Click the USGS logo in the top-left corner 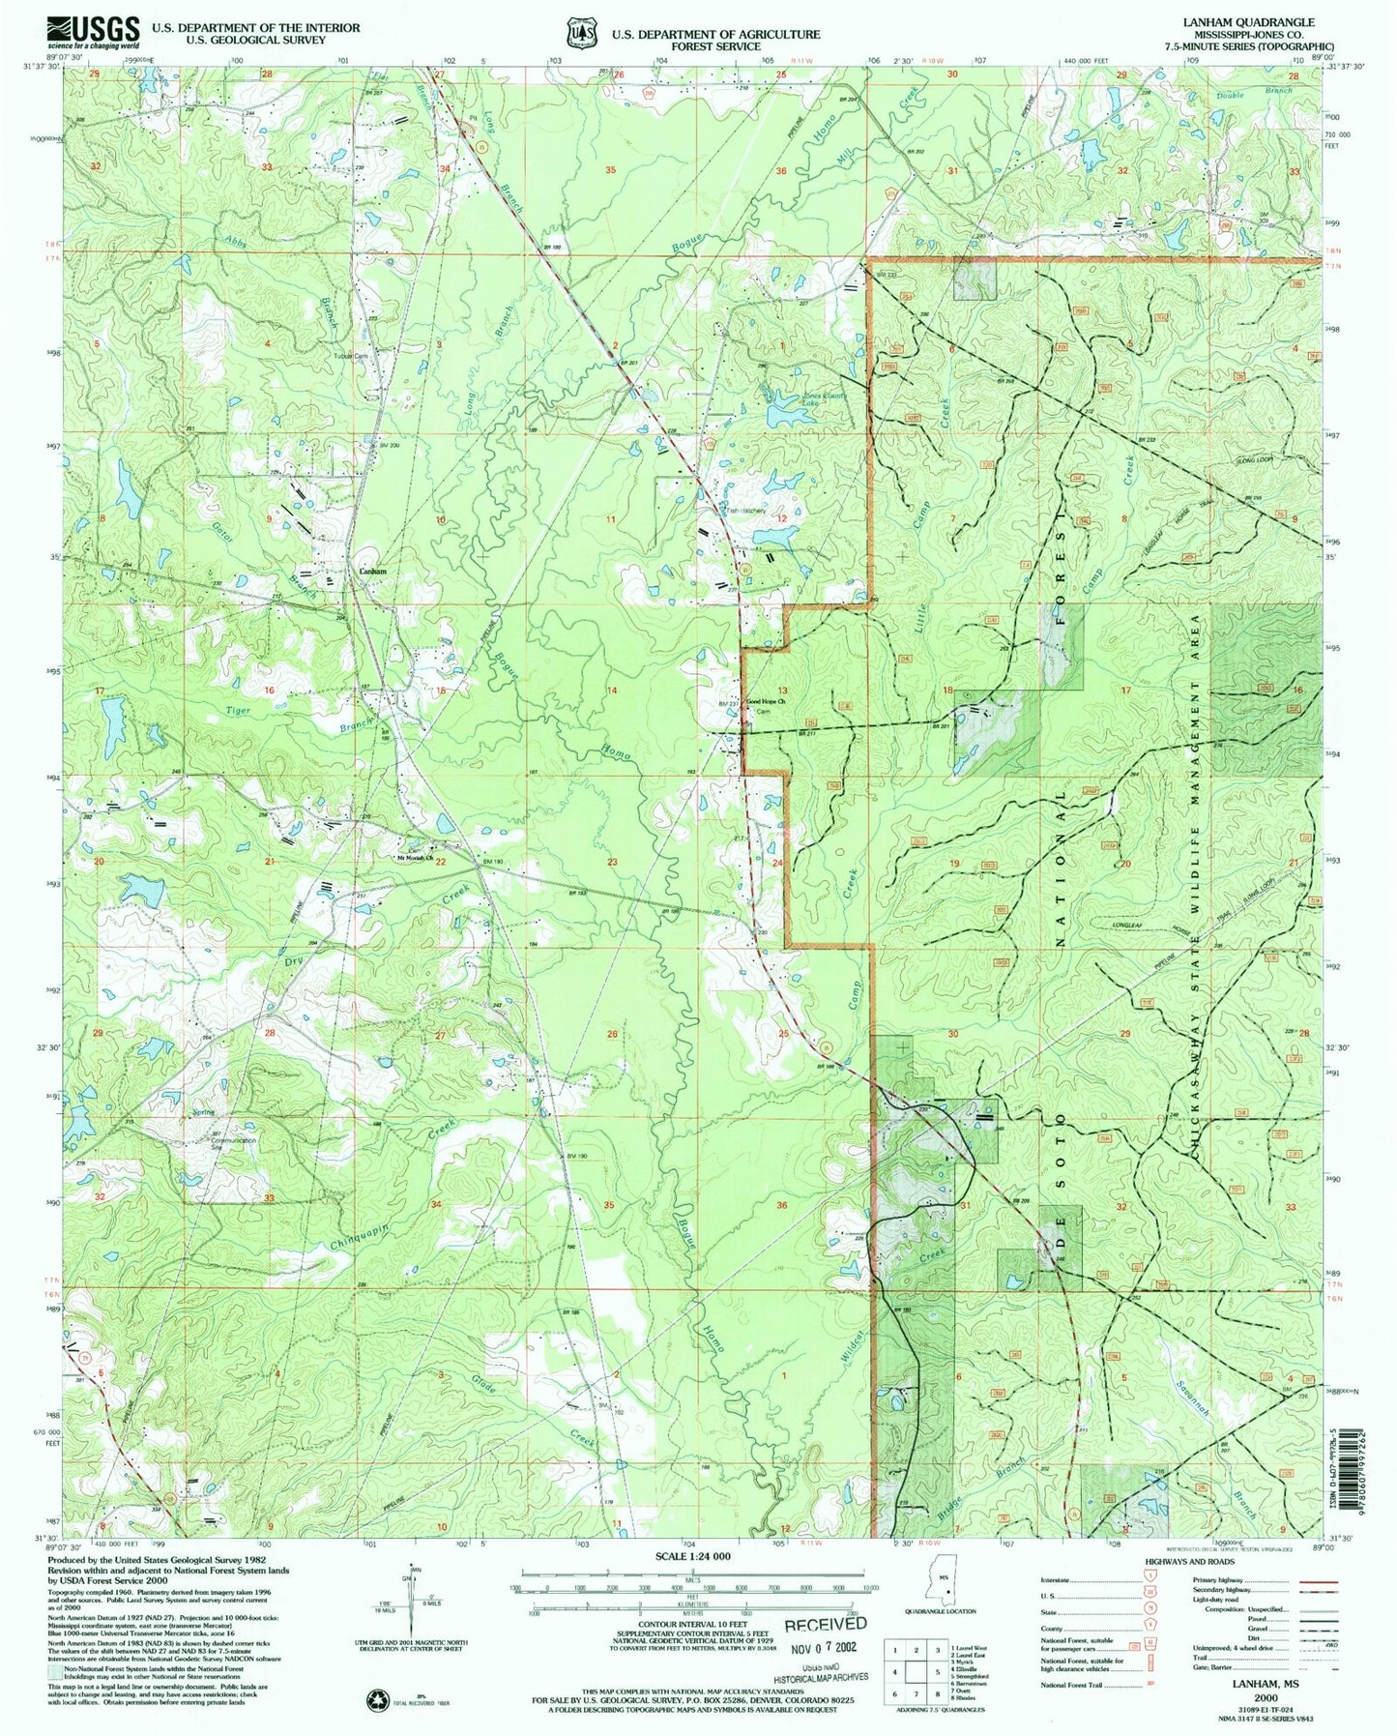[x=93, y=31]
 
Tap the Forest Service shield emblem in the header [x=580, y=34]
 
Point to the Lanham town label [x=372, y=572]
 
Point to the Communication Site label [x=234, y=1141]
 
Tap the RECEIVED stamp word [x=825, y=1624]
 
